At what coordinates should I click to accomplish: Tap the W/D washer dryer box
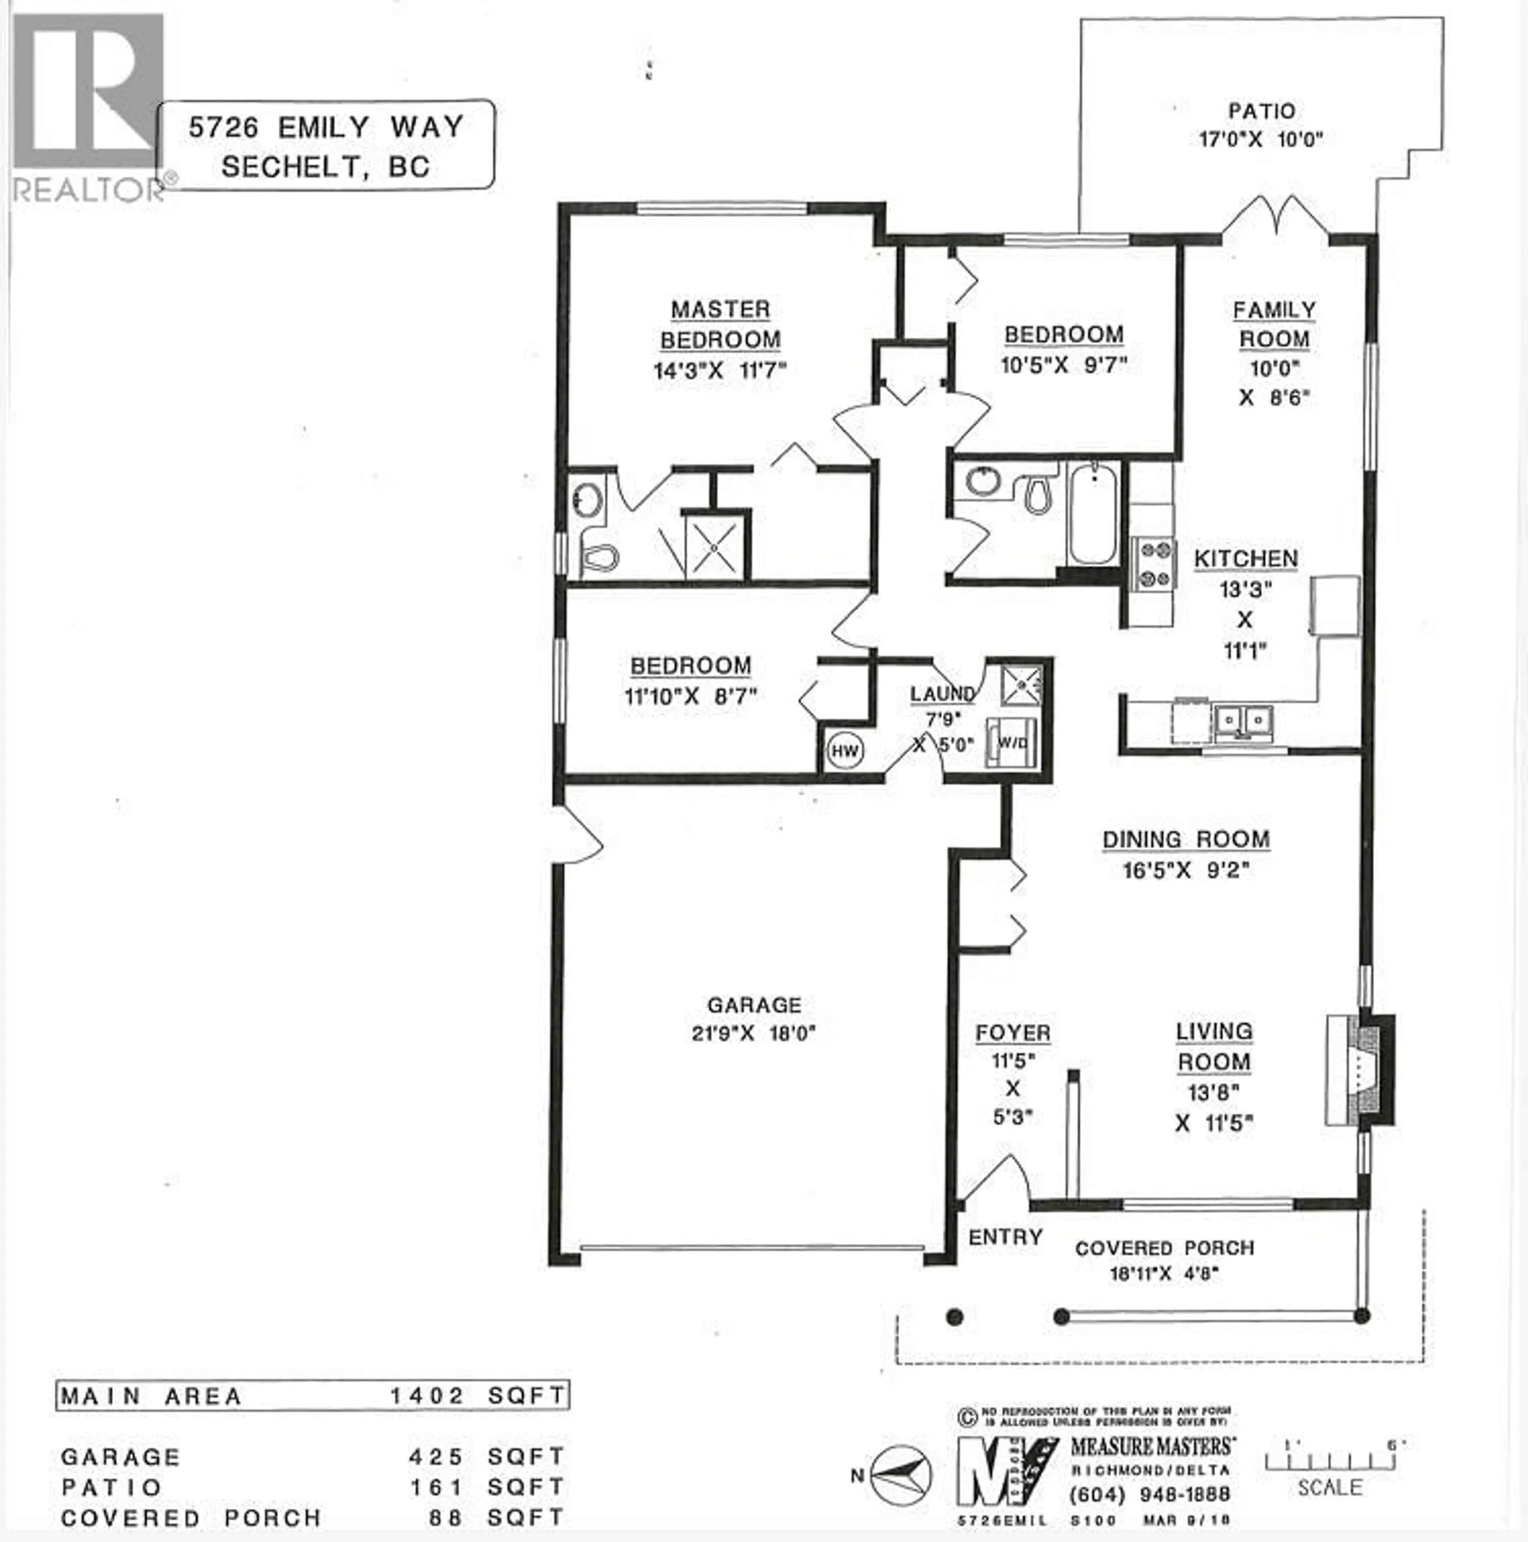[1012, 742]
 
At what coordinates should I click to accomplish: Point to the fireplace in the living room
[1361, 1069]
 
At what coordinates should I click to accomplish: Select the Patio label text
[1261, 111]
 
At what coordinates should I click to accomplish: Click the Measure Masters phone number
[1150, 1493]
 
